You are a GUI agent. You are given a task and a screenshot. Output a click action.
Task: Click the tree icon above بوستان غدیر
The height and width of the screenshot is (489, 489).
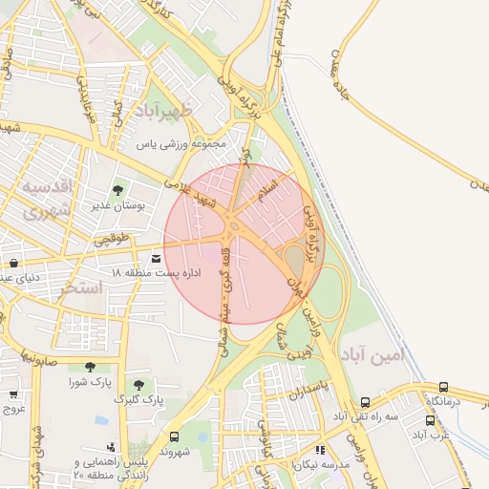(118, 190)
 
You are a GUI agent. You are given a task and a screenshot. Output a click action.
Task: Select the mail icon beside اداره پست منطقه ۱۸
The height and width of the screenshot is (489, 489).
(157, 256)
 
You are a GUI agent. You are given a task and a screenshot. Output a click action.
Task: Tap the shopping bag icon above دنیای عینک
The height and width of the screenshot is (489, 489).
(13, 263)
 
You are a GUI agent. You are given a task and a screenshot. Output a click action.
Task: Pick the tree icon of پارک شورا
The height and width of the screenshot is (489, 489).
(90, 367)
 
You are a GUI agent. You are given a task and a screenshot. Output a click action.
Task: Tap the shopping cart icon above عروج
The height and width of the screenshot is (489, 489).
(13, 393)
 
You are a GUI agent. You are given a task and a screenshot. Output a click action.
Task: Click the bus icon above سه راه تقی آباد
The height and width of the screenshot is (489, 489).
(366, 403)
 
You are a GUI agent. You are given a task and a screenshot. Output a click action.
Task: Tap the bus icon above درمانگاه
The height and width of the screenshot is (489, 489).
(443, 388)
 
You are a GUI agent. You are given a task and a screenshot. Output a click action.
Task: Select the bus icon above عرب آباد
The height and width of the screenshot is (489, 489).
(429, 420)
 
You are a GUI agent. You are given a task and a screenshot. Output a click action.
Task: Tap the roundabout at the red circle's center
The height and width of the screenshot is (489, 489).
(235, 227)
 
